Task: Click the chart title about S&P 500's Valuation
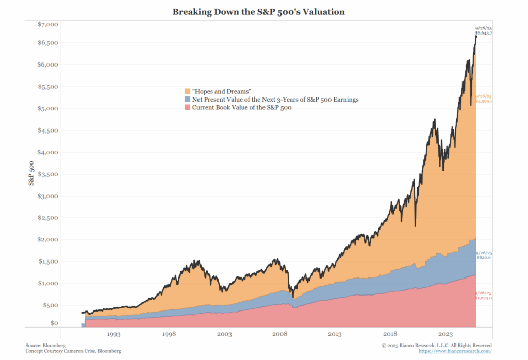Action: coord(258,11)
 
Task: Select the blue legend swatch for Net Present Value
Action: coord(188,100)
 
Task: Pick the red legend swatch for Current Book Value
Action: coord(188,107)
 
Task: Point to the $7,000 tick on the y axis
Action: coord(48,24)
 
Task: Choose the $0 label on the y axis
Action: coord(54,323)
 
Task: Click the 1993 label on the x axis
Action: coord(113,334)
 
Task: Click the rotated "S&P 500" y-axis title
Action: coord(31,173)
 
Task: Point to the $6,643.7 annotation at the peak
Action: coord(484,33)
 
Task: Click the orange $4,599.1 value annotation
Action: coord(484,102)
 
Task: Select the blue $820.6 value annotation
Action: coord(484,257)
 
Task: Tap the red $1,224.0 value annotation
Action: coord(484,298)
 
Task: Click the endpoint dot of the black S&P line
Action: coord(476,37)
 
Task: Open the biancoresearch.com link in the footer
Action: coord(455,351)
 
